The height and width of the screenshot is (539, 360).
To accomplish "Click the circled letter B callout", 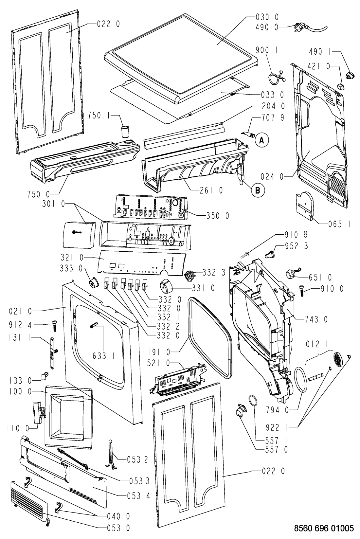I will [x=257, y=190].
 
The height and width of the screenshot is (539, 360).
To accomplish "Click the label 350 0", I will [x=217, y=215].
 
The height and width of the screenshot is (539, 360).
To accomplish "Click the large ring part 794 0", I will [x=301, y=379].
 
